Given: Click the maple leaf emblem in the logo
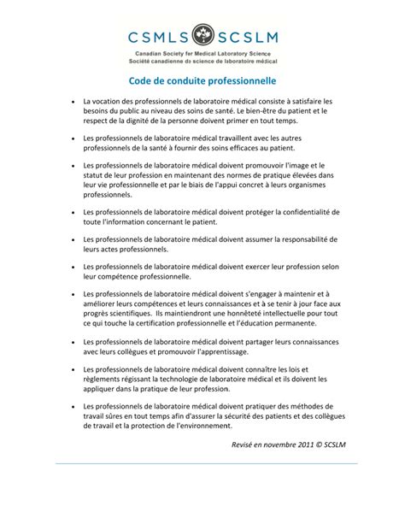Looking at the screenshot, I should click(x=203, y=37).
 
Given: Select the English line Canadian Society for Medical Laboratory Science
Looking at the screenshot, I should click(x=202, y=54).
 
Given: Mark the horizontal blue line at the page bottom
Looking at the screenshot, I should click(x=202, y=464).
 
